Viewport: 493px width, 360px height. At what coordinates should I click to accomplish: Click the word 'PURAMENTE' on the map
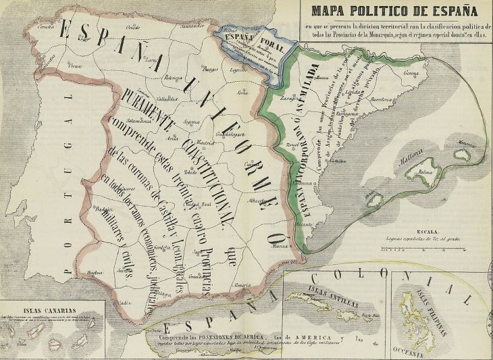click(x=145, y=112)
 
